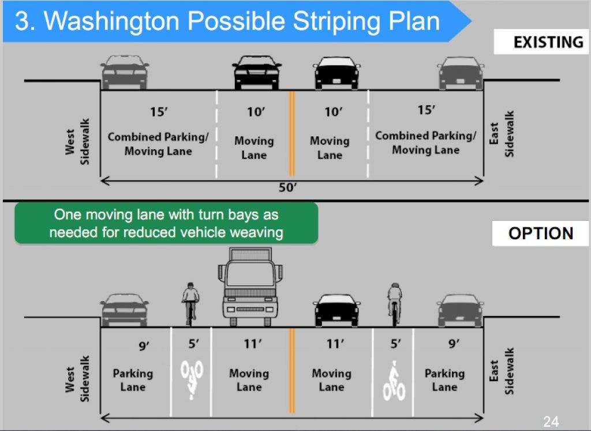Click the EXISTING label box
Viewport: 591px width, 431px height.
click(541, 42)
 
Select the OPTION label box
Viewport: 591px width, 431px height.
click(540, 233)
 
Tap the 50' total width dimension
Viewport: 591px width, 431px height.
click(287, 187)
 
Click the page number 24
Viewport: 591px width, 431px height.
click(551, 421)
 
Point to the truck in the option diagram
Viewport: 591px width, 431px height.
click(250, 287)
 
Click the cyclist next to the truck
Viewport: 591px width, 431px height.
click(190, 304)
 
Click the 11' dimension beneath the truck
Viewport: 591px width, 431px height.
click(253, 344)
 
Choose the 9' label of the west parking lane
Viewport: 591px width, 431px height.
click(144, 345)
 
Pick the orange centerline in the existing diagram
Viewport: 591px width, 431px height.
click(291, 133)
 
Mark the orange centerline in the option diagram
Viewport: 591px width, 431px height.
click(291, 370)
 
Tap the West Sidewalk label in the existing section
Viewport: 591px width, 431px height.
click(78, 142)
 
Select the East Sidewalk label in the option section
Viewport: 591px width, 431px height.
click(502, 371)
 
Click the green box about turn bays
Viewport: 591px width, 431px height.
click(166, 223)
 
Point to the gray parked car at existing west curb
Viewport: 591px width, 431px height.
click(125, 72)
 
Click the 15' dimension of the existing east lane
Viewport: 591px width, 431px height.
click(427, 110)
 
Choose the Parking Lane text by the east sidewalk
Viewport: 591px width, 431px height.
click(445, 380)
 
